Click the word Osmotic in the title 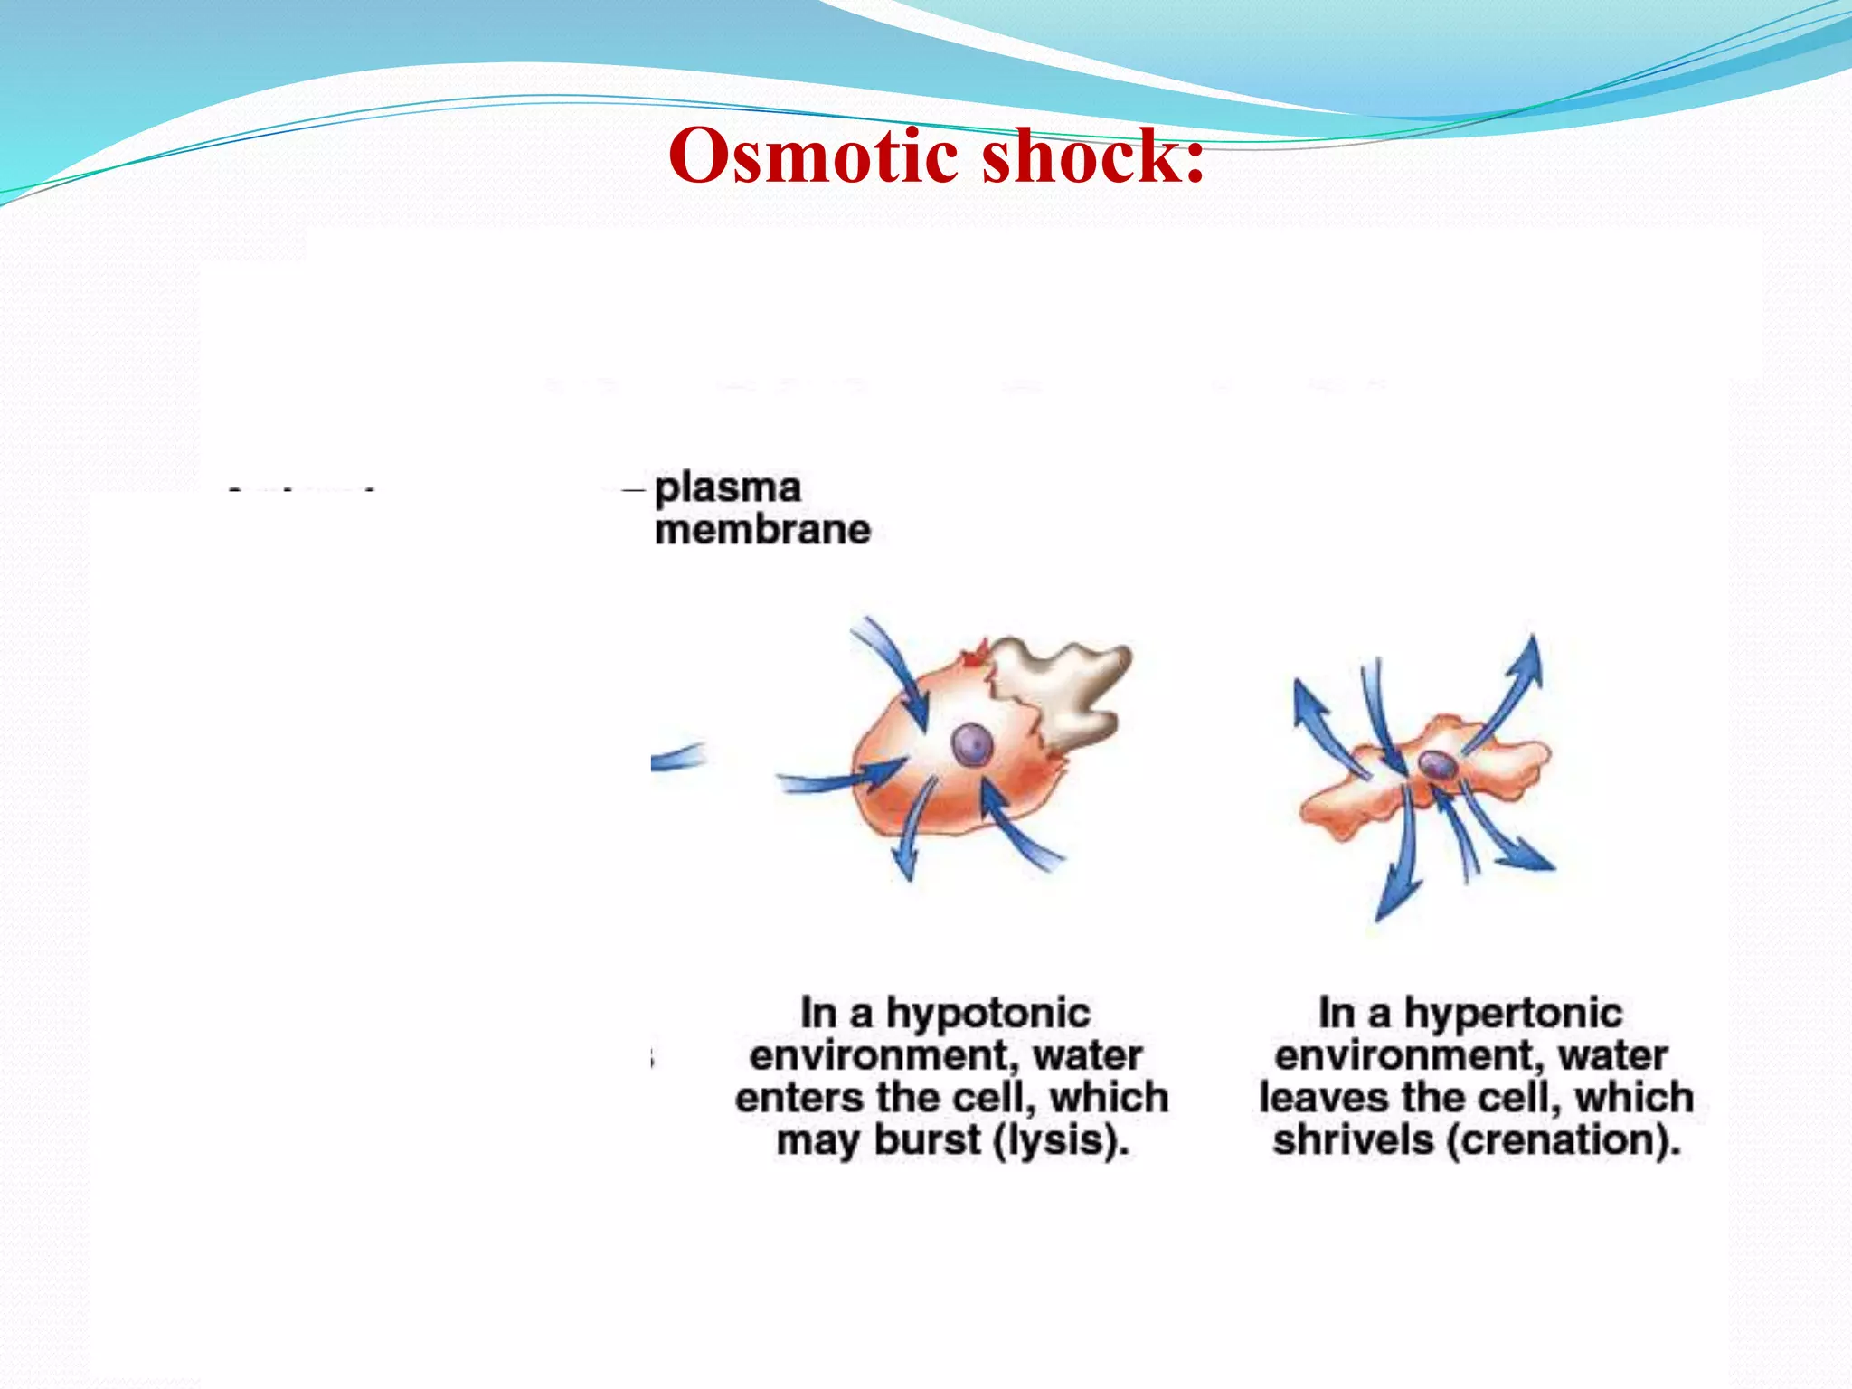(x=813, y=156)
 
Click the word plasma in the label (x=728, y=488)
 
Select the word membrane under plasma (x=762, y=530)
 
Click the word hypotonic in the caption (x=987, y=1013)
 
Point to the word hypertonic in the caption (x=1513, y=1013)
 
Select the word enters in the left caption (x=798, y=1098)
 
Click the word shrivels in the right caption (x=1353, y=1139)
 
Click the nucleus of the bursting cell (x=972, y=746)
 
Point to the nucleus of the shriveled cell (x=1437, y=766)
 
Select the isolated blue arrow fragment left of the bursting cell (x=676, y=757)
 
